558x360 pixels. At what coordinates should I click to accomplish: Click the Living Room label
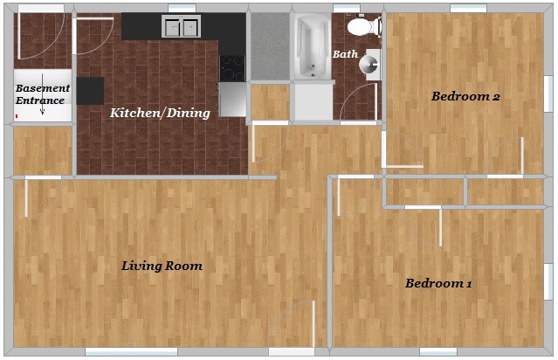pos(162,266)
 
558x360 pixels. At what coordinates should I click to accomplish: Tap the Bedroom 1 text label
pos(438,283)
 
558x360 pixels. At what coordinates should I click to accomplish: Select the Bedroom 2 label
pos(465,96)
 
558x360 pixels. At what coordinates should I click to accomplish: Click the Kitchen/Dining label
pos(159,113)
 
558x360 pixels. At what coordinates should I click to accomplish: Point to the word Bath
pos(345,54)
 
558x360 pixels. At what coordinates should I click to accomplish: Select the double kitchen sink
pos(181,28)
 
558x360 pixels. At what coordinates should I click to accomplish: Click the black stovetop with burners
pos(231,67)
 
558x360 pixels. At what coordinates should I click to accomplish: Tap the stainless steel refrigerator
pos(232,99)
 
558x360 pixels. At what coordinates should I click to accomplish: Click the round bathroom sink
pos(369,63)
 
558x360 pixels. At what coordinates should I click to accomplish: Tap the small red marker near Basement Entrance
pos(16,114)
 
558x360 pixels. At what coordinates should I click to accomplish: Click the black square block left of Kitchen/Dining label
pos(90,91)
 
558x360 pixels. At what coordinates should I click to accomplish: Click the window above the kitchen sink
pos(182,9)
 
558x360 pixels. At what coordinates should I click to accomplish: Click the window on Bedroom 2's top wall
pos(467,9)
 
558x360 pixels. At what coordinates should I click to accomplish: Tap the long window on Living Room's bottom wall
pos(125,352)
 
